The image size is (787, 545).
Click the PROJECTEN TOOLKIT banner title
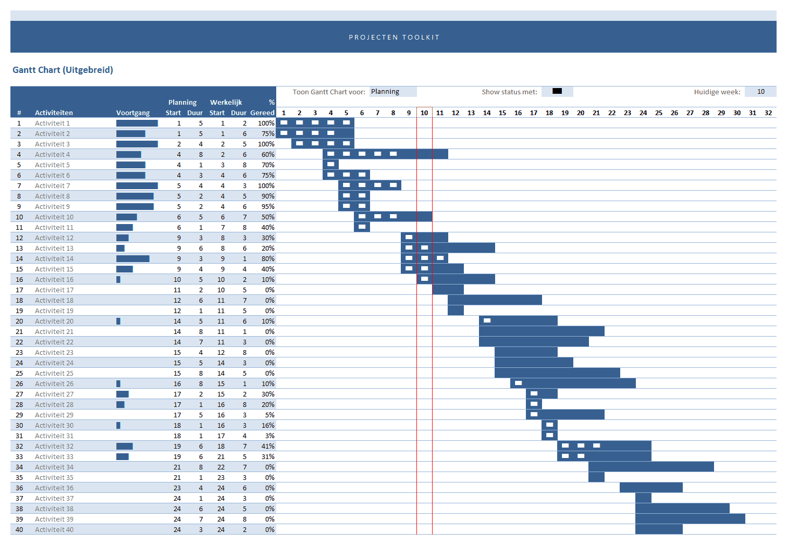point(394,38)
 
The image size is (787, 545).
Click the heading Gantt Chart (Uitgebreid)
point(63,70)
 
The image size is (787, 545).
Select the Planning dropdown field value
point(392,92)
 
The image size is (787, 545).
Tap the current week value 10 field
point(760,92)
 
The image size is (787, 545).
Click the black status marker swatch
point(557,91)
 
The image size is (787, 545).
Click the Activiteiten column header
point(54,113)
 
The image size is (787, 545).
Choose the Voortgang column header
point(133,113)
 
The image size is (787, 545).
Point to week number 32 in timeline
point(768,113)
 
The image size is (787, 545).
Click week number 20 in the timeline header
point(581,113)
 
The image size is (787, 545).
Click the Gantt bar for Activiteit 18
point(495,300)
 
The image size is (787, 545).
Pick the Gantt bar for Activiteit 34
point(651,467)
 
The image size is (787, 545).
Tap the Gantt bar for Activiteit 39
point(690,519)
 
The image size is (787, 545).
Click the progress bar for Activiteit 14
point(132,258)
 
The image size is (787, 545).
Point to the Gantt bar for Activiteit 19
point(456,311)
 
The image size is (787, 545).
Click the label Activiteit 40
point(54,529)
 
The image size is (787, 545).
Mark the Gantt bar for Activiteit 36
point(651,488)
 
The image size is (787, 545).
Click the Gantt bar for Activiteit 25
point(557,373)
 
